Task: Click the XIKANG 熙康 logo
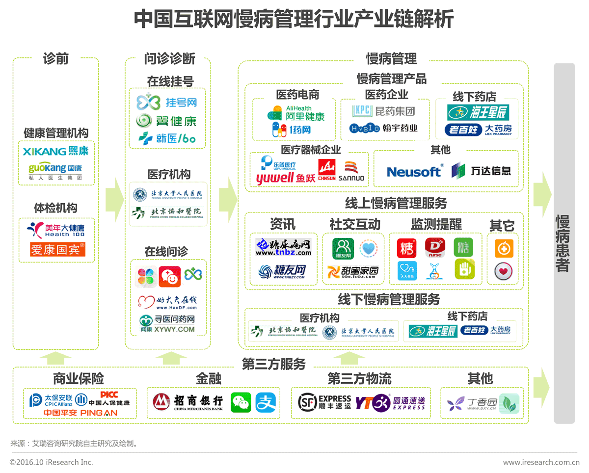[x=56, y=151]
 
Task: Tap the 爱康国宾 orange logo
[x=57, y=249]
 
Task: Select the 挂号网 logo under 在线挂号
[x=167, y=102]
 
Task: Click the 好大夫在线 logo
[x=167, y=302]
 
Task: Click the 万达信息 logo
[x=481, y=171]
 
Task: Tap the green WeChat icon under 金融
[x=241, y=402]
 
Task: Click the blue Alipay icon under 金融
[x=266, y=402]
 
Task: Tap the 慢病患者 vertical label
[x=563, y=243]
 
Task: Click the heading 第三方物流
[x=359, y=379]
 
